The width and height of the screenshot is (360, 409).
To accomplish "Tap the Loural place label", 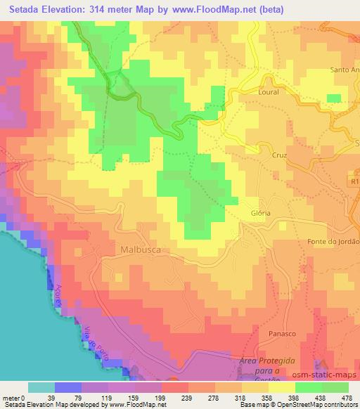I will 268,92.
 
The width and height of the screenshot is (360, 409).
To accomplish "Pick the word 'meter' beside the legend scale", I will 11,398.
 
